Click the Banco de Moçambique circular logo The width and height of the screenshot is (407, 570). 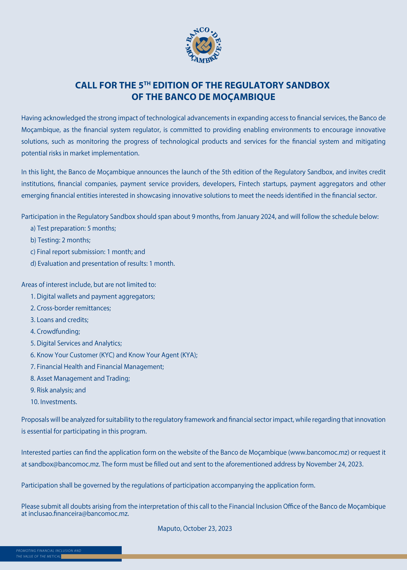[203, 46]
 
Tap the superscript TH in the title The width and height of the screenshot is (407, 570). [147, 83]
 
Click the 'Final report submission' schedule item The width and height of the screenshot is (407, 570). [88, 252]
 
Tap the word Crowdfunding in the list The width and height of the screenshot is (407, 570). [58, 332]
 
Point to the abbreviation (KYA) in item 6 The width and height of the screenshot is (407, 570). [189, 355]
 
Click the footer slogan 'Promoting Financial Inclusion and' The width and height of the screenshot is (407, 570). [49, 551]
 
